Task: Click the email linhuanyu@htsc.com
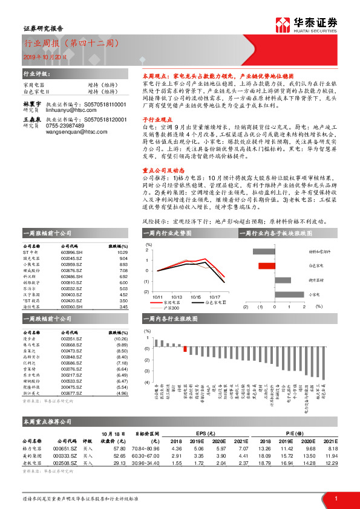pos(59,110)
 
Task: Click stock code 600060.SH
pos(71,306)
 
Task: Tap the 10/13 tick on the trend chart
pos(177,297)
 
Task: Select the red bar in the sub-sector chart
pos(266,265)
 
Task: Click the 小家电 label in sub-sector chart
pos(314,294)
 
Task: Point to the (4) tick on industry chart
pos(147,378)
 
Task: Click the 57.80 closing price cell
pos(119,449)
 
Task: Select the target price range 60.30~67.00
pos(148,455)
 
